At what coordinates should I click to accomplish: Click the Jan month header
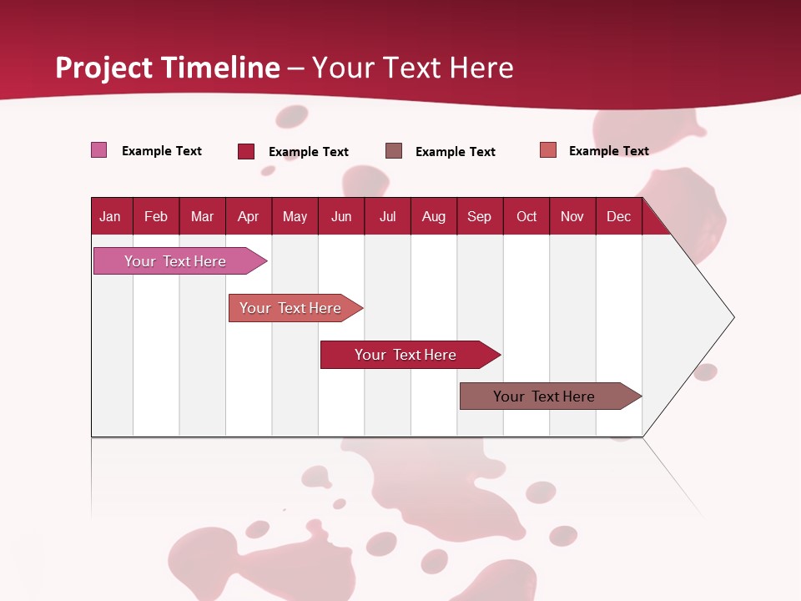(110, 216)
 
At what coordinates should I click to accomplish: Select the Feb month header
(156, 216)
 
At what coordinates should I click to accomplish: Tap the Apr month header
(248, 216)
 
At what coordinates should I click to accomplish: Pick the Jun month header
(341, 216)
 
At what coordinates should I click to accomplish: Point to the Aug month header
(433, 216)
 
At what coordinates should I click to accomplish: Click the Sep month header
(479, 216)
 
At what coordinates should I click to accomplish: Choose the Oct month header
(526, 216)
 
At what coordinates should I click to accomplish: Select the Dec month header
(618, 216)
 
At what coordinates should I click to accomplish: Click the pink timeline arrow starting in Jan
(175, 261)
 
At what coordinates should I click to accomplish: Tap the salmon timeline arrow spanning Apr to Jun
(290, 308)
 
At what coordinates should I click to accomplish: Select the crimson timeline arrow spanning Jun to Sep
(406, 355)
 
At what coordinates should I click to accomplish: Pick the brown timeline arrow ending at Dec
(544, 396)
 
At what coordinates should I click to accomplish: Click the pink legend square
(98, 150)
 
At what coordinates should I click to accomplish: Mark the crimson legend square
(246, 151)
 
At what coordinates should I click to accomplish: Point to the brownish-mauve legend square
(394, 150)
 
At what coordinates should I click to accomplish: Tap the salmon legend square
(548, 150)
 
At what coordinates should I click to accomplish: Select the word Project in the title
(104, 67)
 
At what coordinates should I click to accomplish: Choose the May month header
(295, 216)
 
